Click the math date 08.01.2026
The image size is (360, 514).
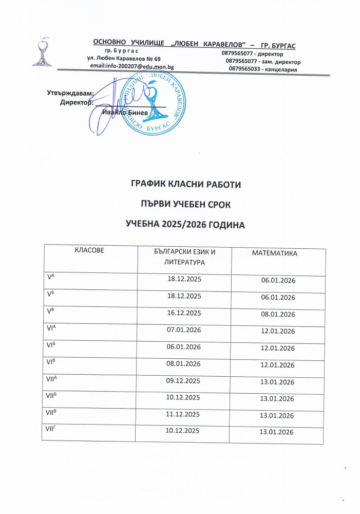pyautogui.click(x=277, y=315)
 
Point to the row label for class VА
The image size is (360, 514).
pyautogui.click(x=51, y=278)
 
